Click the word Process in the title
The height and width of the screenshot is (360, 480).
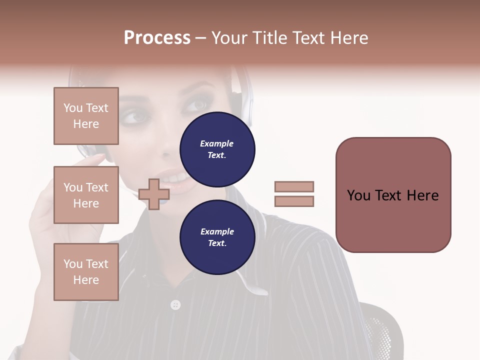tap(157, 38)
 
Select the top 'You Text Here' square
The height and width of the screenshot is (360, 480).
tap(86, 116)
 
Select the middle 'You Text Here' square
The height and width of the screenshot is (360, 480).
tap(86, 195)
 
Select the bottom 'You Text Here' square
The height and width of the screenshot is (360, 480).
tap(86, 272)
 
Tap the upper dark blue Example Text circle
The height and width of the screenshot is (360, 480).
tap(217, 149)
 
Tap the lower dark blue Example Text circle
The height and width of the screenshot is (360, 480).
tap(217, 237)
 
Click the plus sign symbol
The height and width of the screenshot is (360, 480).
tap(154, 194)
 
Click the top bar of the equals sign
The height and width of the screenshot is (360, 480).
tap(294, 186)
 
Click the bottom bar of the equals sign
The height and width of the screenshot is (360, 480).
tap(294, 201)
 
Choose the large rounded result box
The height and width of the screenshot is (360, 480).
tap(393, 195)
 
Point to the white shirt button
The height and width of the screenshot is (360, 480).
tap(175, 304)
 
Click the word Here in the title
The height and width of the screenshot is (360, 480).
tap(348, 38)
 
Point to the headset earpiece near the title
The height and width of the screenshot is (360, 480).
tap(245, 90)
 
